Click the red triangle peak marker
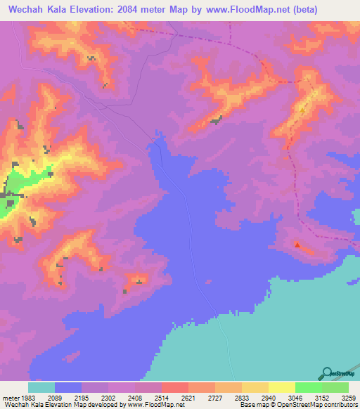click(x=297, y=245)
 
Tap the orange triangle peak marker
click(x=302, y=110)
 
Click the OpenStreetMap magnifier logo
click(x=327, y=373)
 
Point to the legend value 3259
click(x=349, y=397)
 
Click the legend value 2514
click(x=162, y=397)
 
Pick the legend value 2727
click(x=215, y=397)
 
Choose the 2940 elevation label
click(x=268, y=397)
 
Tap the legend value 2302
click(x=108, y=397)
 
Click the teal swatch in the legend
click(x=41, y=387)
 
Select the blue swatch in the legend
click(x=68, y=387)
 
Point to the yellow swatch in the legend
click(x=281, y=387)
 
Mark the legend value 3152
click(x=321, y=397)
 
